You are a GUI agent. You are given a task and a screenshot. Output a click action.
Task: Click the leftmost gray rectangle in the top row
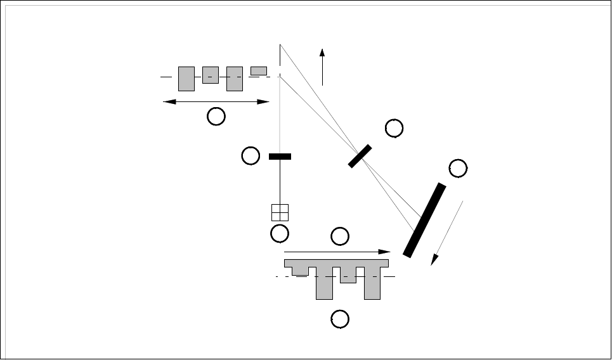point(186,78)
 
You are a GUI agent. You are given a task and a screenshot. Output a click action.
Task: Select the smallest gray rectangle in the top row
point(259,70)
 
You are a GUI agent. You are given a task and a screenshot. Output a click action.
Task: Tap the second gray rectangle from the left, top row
point(211,75)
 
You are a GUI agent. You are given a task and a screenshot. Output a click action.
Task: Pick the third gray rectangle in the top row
point(235,78)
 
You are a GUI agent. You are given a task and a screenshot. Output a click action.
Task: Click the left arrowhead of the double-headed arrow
point(167,101)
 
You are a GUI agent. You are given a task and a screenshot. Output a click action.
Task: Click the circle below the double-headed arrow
point(217,116)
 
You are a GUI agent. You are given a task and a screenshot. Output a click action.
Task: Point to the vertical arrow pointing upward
point(323,66)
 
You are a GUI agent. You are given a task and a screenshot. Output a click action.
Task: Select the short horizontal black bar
point(280,156)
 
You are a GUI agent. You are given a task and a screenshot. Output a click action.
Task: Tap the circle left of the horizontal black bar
point(251,155)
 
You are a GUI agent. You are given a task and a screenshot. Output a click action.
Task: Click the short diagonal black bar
point(360,156)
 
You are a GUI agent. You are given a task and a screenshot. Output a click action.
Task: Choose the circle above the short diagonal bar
point(394,129)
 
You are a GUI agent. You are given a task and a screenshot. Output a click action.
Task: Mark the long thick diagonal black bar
point(424,220)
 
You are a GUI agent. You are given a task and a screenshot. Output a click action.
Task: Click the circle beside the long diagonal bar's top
point(457,168)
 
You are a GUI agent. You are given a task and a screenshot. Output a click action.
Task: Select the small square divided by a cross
point(280,212)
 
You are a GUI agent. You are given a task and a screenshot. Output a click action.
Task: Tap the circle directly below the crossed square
point(279,234)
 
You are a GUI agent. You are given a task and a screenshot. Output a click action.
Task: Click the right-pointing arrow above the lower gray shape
point(336,252)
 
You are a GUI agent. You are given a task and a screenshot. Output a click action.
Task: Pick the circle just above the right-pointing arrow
point(340,236)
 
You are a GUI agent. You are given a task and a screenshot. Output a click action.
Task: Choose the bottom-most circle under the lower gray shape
point(340,319)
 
